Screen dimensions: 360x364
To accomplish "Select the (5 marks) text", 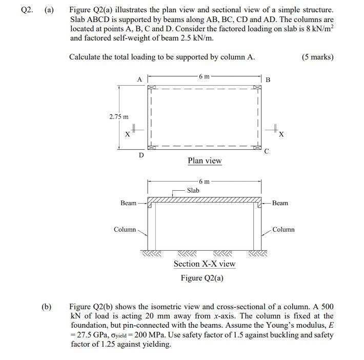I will click(318, 57).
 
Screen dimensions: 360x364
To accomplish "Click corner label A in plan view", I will click(139, 79).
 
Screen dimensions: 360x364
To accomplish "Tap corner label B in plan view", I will click(268, 80).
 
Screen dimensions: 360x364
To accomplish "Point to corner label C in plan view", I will click(266, 151).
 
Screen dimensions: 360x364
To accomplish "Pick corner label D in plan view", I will click(142, 155).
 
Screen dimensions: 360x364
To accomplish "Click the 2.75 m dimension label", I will click(119, 117).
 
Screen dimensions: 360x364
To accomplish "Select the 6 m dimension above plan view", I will click(204, 76).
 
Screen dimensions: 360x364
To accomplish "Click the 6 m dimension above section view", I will click(204, 181).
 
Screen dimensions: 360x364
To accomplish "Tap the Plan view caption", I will click(205, 161).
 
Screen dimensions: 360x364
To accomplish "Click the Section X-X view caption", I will click(205, 264).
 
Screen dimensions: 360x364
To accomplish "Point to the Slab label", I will click(193, 190).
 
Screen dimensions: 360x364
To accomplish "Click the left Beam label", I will click(128, 203).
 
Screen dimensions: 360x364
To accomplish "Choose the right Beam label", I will click(280, 203).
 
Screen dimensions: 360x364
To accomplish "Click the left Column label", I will click(125, 229).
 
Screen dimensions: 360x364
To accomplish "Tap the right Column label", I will click(284, 229).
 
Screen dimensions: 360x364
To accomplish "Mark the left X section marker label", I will click(127, 134).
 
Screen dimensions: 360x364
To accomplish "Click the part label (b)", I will click(47, 307).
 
